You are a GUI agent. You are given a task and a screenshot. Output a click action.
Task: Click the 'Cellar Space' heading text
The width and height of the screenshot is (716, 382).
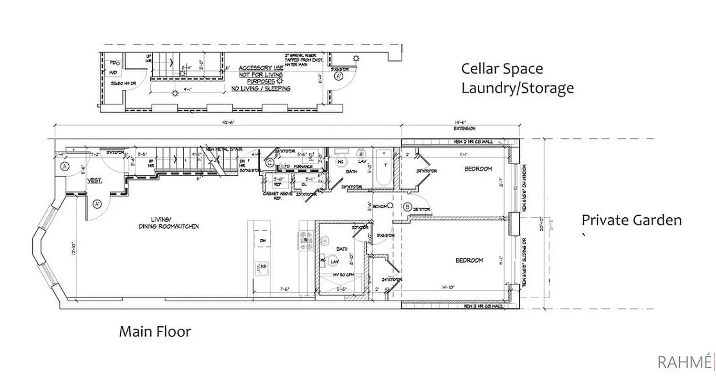tap(502, 69)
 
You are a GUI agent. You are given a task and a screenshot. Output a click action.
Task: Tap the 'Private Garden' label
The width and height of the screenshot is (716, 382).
tap(631, 220)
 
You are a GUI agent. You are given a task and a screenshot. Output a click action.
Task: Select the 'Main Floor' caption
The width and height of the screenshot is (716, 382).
tap(155, 331)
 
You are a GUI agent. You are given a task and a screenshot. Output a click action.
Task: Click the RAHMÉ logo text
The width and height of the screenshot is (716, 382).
tap(684, 362)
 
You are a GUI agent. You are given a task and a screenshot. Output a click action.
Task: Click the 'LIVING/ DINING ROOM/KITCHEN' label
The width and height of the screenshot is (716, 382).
tap(168, 223)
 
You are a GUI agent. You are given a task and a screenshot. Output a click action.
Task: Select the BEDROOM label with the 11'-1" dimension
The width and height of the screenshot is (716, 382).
tap(478, 169)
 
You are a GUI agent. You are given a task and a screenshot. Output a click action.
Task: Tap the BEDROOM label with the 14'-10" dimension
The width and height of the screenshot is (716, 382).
tap(469, 260)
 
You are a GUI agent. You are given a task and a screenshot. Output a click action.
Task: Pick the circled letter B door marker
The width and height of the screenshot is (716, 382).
tap(407, 207)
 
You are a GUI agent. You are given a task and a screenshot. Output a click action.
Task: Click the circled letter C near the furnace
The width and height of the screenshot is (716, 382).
tap(270, 163)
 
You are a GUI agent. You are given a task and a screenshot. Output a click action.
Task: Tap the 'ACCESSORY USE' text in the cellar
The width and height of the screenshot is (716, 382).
tap(261, 68)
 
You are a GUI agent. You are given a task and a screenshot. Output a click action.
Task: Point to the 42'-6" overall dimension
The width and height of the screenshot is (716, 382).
tap(228, 122)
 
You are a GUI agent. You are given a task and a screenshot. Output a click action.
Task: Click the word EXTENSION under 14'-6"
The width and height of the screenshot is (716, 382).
tap(463, 128)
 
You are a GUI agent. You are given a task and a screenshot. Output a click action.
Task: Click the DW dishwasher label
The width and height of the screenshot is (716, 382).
tap(262, 241)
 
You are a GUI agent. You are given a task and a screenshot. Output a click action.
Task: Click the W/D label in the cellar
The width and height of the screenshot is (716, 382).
tap(113, 72)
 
